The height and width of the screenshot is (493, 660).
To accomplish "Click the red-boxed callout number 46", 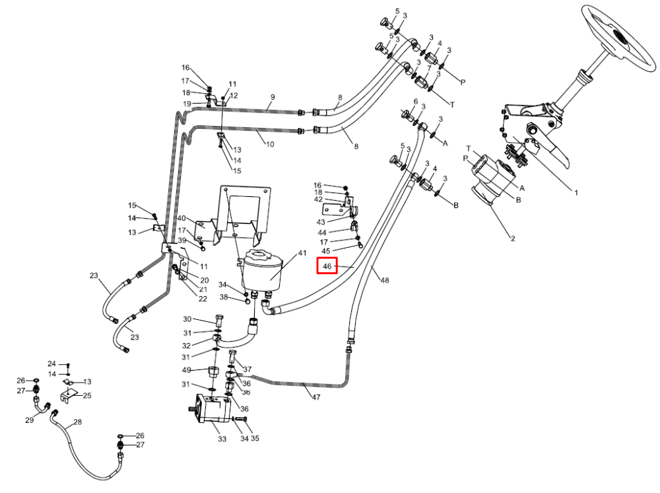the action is pos(327,266).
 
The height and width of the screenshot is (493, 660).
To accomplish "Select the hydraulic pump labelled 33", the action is pos(211,408).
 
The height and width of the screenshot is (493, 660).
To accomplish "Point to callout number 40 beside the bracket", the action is pos(181,218).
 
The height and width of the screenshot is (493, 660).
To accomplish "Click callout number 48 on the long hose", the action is pos(385,280).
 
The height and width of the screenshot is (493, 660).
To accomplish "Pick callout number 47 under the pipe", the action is pos(316,397).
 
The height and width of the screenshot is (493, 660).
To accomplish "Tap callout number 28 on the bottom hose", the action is pos(77,422).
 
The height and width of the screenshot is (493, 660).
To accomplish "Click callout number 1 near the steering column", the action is pos(576,192).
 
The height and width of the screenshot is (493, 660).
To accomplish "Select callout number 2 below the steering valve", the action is pos(513,239).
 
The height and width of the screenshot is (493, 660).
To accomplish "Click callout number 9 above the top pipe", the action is pos(273,97).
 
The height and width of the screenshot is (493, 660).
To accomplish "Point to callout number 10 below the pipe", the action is pos(270,144).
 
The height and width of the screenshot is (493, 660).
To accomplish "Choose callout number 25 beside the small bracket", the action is pos(87,396).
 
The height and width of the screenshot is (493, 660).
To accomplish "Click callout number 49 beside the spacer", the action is pos(187,370).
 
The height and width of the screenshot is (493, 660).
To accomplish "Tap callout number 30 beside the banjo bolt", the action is pos(187,319).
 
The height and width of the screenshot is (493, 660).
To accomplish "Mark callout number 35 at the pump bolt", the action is pos(255,438).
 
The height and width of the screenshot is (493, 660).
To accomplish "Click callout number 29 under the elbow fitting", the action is pos(30,420).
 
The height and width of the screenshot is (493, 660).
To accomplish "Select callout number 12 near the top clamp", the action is pos(234,96).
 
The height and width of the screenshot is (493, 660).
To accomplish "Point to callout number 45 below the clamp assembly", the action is pos(326,251).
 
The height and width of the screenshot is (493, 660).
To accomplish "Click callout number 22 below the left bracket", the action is pos(203,299).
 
